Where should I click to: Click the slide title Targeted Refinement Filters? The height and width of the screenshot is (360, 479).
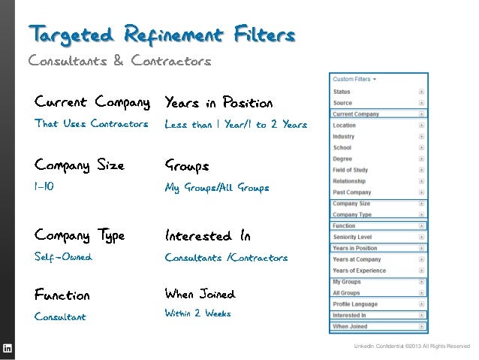[x=161, y=35]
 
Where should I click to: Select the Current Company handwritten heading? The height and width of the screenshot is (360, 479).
[x=92, y=101]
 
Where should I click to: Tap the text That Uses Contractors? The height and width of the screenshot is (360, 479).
[x=91, y=124]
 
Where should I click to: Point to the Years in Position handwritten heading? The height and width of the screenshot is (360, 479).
[x=218, y=101]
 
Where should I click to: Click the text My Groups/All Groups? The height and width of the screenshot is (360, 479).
[x=216, y=188]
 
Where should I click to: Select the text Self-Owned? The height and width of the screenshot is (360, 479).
[x=63, y=257]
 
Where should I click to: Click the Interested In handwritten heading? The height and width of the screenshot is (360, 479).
[x=207, y=236]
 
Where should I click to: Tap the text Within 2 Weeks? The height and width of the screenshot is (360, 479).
[x=197, y=313]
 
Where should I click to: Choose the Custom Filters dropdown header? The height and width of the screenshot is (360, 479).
[x=354, y=78]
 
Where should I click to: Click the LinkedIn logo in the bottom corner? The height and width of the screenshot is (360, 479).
[x=8, y=348]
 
